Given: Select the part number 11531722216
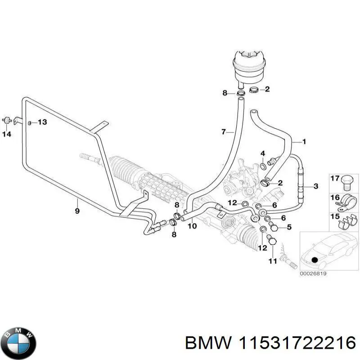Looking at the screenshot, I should (x=294, y=344).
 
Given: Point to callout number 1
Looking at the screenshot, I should (x=304, y=142).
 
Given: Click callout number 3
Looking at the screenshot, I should (x=316, y=186).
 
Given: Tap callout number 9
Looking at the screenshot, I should (x=77, y=211).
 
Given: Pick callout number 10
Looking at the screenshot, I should (x=192, y=226).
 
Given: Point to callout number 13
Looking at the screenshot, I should (x=42, y=122).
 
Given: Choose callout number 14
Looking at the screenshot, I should (x=7, y=134).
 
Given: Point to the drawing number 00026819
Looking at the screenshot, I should (x=313, y=272).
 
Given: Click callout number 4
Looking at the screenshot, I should (x=263, y=154).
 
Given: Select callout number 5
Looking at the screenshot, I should (x=289, y=227).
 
